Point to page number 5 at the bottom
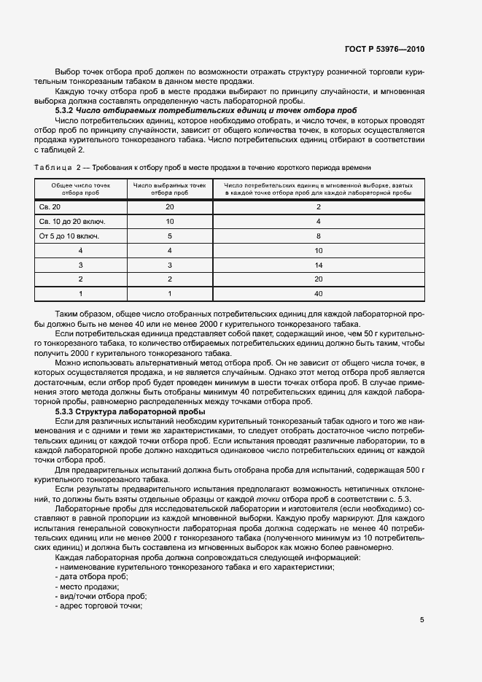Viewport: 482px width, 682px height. coord(422,620)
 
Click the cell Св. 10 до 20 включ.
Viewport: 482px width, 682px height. coord(69,222)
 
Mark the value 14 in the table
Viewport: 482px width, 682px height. coord(318,265)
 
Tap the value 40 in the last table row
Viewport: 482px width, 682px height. coord(318,294)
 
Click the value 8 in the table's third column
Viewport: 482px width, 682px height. coord(318,236)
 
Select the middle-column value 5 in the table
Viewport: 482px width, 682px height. coord(169,236)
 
